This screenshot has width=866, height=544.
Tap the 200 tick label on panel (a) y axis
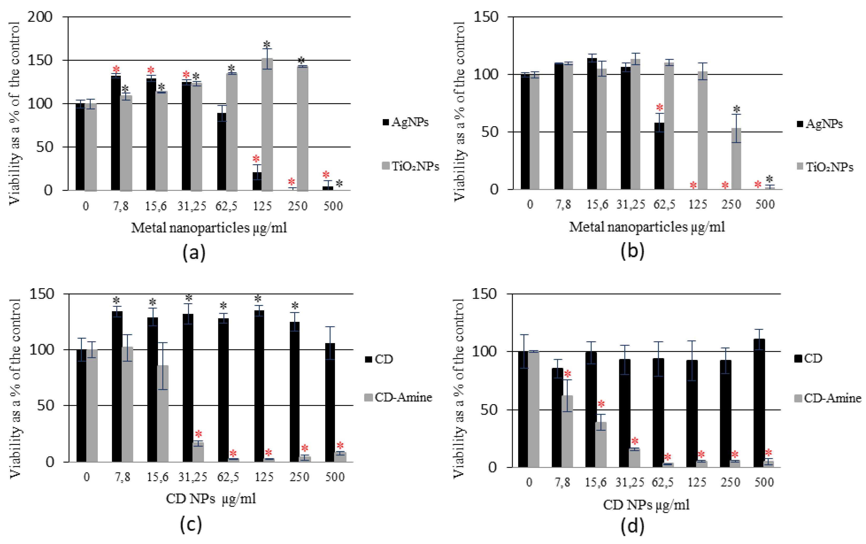point(40,17)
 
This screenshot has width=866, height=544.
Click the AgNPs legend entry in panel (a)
point(406,122)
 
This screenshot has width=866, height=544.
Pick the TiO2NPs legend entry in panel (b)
point(825,167)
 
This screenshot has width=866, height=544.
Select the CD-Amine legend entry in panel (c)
point(399,398)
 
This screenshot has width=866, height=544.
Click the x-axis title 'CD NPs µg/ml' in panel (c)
point(211,499)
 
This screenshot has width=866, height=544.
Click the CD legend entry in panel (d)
point(808,358)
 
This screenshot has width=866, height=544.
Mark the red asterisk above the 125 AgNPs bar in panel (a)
point(256,159)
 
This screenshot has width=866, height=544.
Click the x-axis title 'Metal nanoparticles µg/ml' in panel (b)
point(647,227)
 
